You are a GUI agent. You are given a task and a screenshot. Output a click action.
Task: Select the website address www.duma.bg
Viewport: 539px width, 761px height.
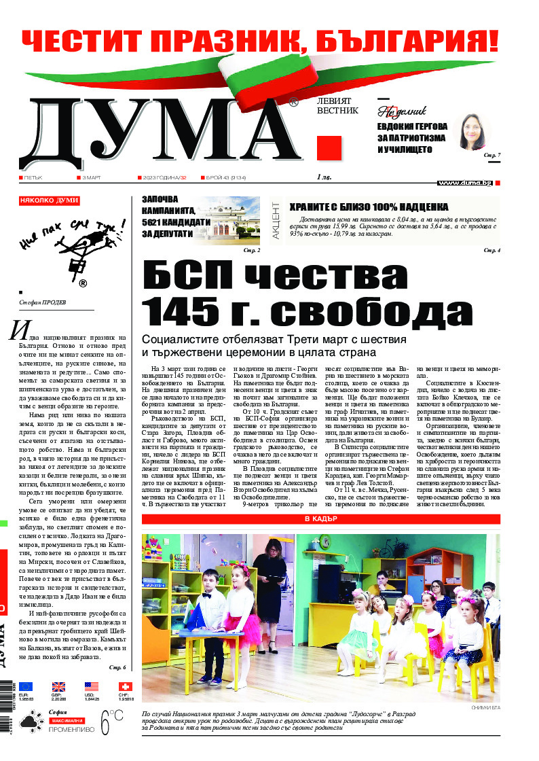[465, 183]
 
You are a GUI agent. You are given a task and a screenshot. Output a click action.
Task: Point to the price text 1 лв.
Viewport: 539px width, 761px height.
[324, 177]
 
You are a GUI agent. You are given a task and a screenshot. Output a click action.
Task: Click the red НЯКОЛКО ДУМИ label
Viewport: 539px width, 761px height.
[50, 200]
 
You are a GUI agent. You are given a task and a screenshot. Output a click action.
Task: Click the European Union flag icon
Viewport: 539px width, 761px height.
[26, 686]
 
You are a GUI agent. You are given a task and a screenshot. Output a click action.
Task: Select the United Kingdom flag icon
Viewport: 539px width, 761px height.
[58, 686]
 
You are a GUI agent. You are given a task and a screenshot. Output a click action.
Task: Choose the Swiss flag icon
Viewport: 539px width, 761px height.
[124, 686]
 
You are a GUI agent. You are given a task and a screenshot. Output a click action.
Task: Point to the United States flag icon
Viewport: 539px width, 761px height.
[91, 686]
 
